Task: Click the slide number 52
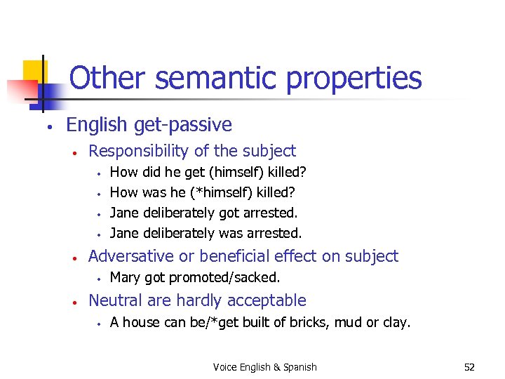pyautogui.click(x=469, y=367)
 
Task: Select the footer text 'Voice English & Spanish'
pyautogui.click(x=265, y=367)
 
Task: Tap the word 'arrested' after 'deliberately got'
pyautogui.click(x=272, y=212)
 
